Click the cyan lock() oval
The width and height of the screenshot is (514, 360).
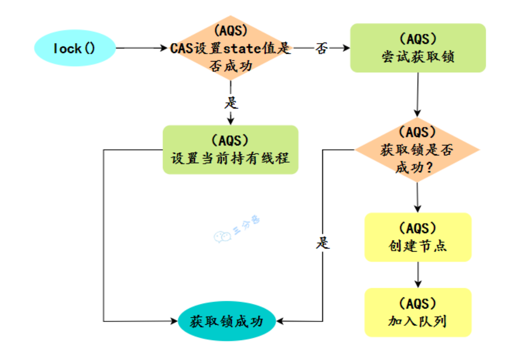point(75,48)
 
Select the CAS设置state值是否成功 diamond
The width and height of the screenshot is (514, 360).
point(231,48)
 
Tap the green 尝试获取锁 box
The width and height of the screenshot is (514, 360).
point(418,48)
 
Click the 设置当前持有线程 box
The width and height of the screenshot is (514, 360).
point(230,150)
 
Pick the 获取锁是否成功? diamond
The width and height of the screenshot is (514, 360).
point(417,150)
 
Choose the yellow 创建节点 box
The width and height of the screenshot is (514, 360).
point(418,237)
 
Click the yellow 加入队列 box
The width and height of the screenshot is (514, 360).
point(418,312)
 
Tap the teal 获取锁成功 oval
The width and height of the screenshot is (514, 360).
point(227,321)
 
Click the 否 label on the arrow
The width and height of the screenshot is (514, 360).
point(321,48)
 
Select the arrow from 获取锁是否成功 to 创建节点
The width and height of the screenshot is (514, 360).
point(418,197)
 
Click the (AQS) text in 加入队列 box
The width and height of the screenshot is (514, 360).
point(418,303)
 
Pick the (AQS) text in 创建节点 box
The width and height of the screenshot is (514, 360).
point(418,228)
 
